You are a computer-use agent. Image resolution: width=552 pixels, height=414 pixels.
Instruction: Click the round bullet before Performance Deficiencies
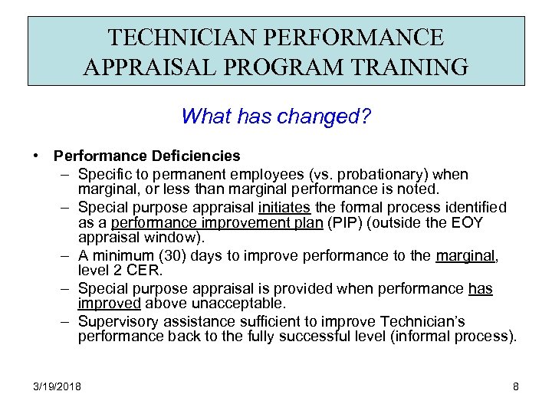(38, 156)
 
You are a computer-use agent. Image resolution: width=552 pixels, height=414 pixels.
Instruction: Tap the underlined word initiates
(284, 207)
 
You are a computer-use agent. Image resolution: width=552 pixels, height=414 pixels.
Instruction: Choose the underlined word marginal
(466, 256)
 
